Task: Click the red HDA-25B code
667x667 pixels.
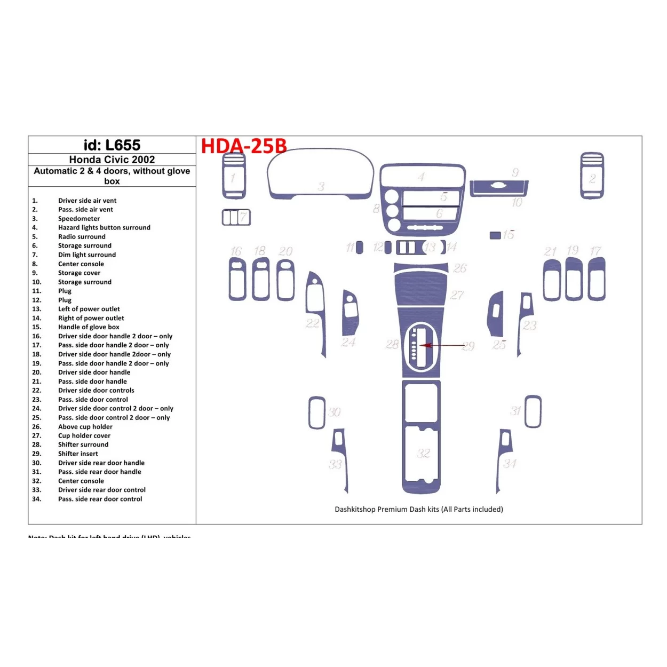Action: click(243, 146)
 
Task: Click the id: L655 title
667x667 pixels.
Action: click(112, 145)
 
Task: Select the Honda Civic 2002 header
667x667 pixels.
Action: click(112, 160)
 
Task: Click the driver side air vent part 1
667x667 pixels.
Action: click(234, 176)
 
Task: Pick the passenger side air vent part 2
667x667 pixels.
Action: click(592, 176)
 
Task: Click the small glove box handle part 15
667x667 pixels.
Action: click(495, 235)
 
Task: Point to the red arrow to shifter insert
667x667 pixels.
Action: click(443, 345)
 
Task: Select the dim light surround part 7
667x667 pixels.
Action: click(236, 217)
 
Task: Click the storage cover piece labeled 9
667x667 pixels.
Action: click(499, 186)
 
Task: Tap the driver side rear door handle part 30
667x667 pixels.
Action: click(317, 412)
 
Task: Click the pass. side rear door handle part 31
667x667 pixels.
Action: click(533, 411)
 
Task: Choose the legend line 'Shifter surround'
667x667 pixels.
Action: click(83, 444)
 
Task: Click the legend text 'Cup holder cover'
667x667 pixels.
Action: click(84, 435)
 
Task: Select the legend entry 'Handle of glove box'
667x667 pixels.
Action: click(89, 327)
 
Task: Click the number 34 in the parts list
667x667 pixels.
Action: click(36, 499)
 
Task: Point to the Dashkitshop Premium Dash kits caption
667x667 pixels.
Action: click(418, 509)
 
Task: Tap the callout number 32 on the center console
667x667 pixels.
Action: click(423, 454)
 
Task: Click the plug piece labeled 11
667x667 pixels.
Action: click(360, 248)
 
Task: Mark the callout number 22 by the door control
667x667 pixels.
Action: click(313, 323)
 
